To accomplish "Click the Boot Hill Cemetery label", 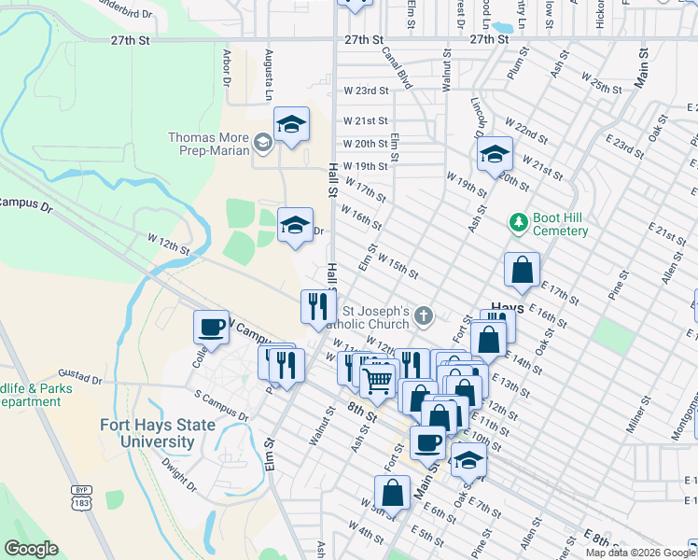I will [560, 224].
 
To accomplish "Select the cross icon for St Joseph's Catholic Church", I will [424, 315].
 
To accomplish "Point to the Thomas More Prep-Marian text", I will [208, 144].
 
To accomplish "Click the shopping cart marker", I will [377, 380].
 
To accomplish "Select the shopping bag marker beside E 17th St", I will [522, 271].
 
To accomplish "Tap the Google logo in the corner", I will [30, 549].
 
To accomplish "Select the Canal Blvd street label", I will [398, 69].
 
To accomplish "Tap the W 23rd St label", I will [365, 91].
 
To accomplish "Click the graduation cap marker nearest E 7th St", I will [468, 460].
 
